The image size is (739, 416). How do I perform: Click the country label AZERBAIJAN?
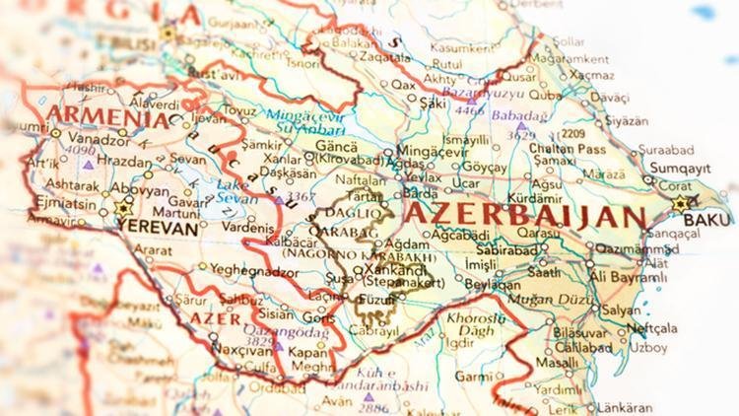coord(526,215)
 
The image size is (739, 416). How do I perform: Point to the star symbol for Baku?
coord(680,205)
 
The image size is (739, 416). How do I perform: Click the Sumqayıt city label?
coord(674,169)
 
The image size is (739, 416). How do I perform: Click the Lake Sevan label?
coord(235,190)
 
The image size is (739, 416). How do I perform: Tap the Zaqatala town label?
coord(357,58)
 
